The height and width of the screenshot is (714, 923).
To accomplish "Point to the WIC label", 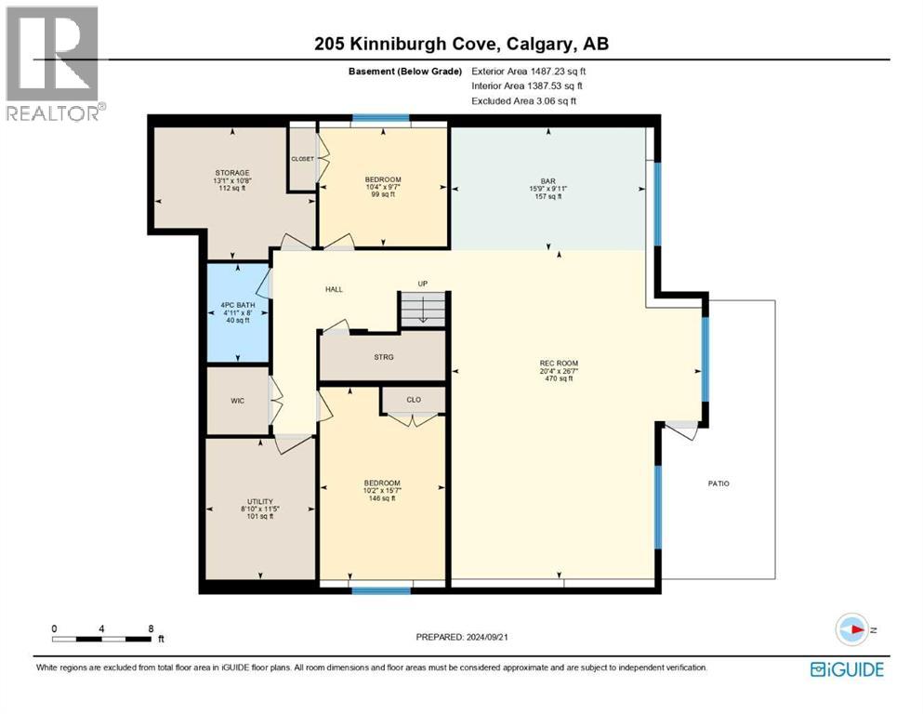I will click(x=237, y=402).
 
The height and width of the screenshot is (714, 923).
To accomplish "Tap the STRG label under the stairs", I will click(x=384, y=356).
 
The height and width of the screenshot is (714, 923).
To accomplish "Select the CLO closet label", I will click(x=414, y=400).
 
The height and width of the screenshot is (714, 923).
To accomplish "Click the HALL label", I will click(x=334, y=289).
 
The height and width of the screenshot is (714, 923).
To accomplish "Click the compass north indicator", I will click(x=852, y=629).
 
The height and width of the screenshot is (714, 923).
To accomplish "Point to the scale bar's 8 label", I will click(x=151, y=628).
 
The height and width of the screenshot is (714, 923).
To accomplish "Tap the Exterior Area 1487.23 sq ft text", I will click(x=529, y=71).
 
